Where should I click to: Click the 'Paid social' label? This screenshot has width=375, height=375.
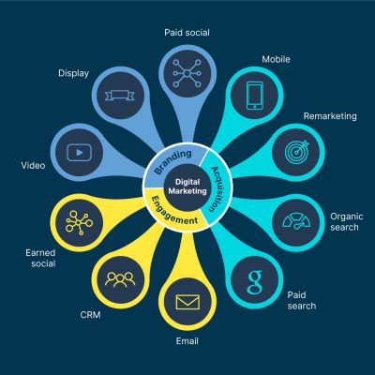point(187,33)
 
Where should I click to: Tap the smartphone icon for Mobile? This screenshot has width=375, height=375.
point(255,96)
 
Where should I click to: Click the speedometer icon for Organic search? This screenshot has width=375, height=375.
point(296,222)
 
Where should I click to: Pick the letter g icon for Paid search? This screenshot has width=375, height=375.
point(255,282)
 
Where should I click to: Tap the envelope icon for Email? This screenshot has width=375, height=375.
point(187,302)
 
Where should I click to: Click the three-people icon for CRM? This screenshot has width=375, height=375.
point(120,279)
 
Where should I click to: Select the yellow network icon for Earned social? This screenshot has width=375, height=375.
point(79,222)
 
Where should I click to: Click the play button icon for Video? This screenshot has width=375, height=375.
point(80,153)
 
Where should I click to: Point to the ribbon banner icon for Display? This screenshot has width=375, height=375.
point(120,96)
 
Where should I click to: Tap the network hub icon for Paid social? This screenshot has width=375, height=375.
point(187,73)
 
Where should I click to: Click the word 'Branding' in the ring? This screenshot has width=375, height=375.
point(172,161)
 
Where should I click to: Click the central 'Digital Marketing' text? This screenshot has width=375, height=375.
point(187,187)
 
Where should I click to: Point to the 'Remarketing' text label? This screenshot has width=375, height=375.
point(330,116)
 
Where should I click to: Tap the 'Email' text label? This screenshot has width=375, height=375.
point(187,341)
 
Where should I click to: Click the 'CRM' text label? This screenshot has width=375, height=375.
point(91,315)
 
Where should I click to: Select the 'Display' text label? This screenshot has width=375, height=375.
point(74,74)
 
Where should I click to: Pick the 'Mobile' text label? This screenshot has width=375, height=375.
point(276,59)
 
